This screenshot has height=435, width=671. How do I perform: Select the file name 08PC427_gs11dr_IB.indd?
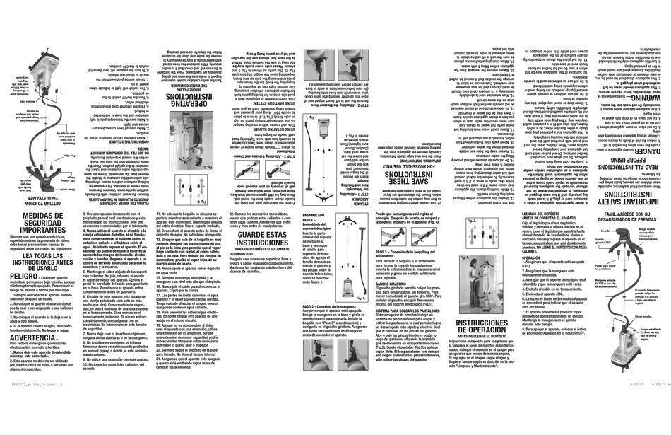pyautogui.click(x=32, y=429)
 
